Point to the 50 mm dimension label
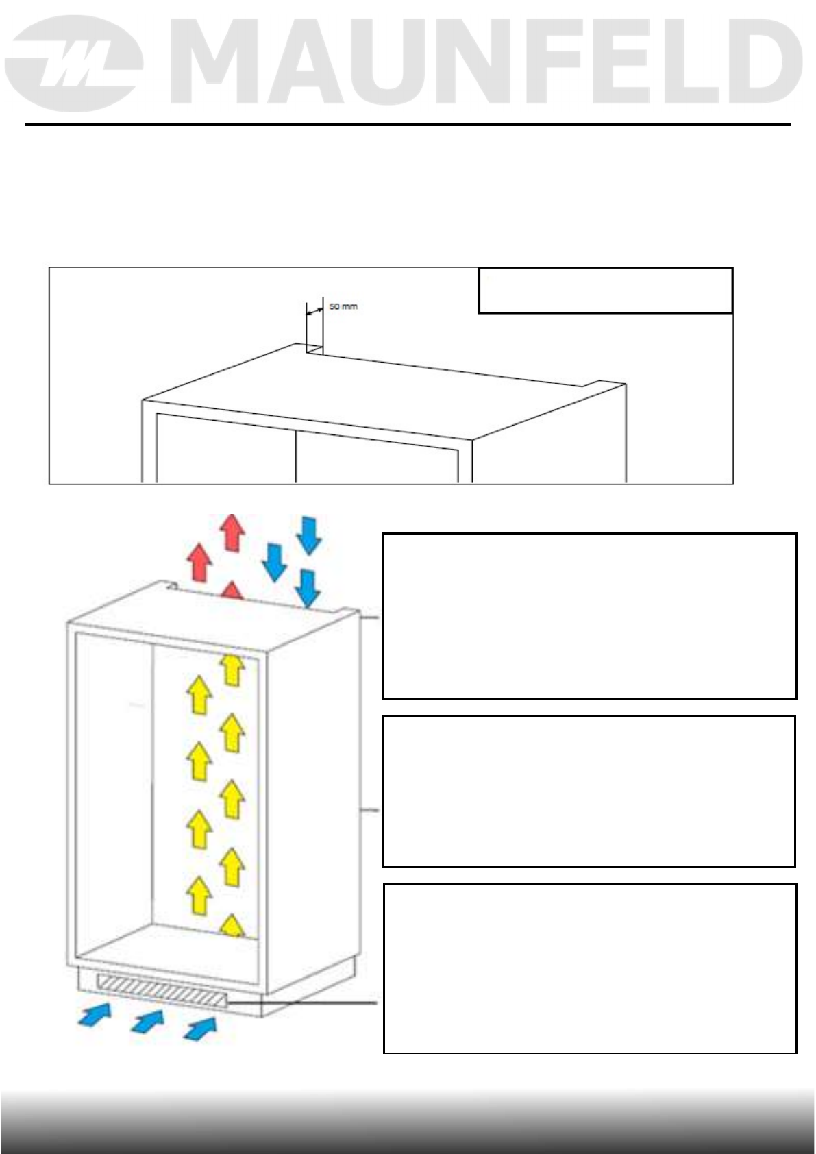(343, 306)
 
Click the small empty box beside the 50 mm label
(605, 291)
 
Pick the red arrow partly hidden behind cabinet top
(232, 591)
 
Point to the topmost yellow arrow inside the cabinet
(233, 670)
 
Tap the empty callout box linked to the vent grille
(589, 968)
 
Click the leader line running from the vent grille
(301, 1002)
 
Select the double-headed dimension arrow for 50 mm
(314, 312)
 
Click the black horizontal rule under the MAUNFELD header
(408, 125)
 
